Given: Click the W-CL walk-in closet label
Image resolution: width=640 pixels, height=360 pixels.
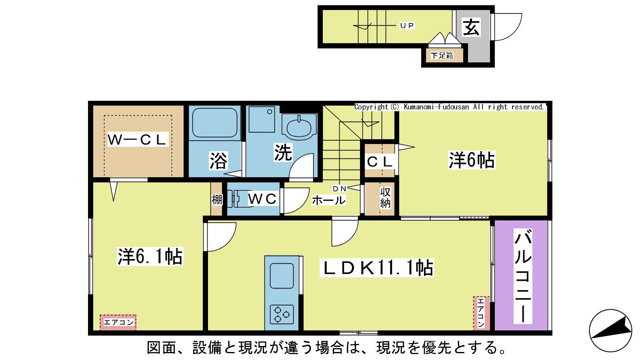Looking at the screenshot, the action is pyautogui.click(x=137, y=140).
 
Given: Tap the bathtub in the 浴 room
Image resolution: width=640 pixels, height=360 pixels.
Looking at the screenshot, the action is pyautogui.click(x=215, y=122).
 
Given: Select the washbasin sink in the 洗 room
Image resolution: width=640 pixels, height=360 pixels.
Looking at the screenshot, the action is pyautogui.click(x=299, y=127).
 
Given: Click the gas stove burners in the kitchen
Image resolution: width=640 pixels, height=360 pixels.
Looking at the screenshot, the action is pyautogui.click(x=282, y=314).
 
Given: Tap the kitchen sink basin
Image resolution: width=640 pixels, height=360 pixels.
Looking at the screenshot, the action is pyautogui.click(x=282, y=276).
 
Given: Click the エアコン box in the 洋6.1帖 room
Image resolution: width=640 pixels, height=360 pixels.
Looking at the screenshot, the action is pyautogui.click(x=118, y=322).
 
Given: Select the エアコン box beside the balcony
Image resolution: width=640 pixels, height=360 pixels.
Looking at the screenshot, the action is pyautogui.click(x=481, y=313).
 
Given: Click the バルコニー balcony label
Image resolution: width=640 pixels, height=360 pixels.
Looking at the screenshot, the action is pyautogui.click(x=523, y=276).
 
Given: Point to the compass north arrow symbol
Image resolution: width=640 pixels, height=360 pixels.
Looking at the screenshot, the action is pyautogui.click(x=610, y=330).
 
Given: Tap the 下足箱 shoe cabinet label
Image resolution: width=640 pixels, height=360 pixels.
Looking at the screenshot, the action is pyautogui.click(x=442, y=56).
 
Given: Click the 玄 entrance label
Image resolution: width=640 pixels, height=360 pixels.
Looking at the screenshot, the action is pyautogui.click(x=471, y=28).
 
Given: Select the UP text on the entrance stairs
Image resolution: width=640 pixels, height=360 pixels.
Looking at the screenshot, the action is pyautogui.click(x=407, y=26).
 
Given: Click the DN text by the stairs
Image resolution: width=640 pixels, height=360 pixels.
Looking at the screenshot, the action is pyautogui.click(x=340, y=188).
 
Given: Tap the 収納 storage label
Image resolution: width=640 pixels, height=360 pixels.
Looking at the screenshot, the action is pyautogui.click(x=385, y=198).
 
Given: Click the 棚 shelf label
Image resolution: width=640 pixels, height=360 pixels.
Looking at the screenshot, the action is pyautogui.click(x=217, y=200).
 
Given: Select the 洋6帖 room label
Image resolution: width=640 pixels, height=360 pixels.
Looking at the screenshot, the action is pyautogui.click(x=472, y=160).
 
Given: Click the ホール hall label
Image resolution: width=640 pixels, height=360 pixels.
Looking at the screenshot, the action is pyautogui.click(x=328, y=200).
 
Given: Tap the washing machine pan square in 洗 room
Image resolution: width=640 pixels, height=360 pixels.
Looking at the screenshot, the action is pyautogui.click(x=262, y=119).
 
